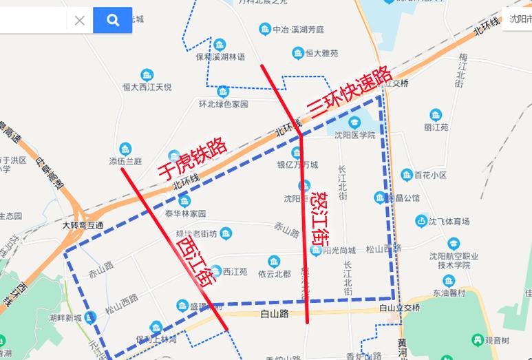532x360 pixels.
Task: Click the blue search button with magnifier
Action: tap(112, 20)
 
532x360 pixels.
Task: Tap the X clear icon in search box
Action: tap(80, 20)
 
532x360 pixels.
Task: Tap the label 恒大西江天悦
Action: tap(147, 87)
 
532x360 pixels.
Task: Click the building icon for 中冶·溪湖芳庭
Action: tap(264, 30)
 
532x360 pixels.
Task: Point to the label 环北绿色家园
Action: tap(223, 104)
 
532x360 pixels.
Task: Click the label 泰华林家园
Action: tap(185, 213)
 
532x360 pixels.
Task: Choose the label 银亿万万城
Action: tap(297, 165)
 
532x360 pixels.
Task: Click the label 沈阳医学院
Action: tap(355, 135)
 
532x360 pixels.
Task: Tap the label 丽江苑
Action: tap(436, 127)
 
